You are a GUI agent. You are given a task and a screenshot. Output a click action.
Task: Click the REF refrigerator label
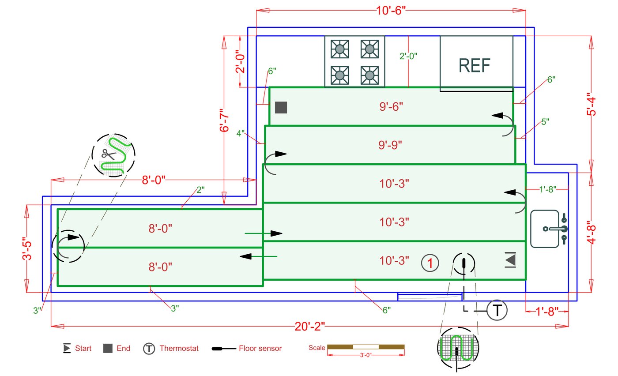(x=475, y=66)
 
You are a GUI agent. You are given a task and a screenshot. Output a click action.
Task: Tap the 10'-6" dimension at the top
(x=391, y=11)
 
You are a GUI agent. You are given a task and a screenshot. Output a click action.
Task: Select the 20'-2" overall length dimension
(x=310, y=327)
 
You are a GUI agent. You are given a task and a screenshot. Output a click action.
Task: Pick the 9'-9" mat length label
(x=391, y=145)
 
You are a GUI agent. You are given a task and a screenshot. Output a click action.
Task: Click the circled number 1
(x=430, y=263)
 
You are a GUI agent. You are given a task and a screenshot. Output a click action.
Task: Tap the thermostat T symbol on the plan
(x=497, y=310)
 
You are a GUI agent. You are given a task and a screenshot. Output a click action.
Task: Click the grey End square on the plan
(x=281, y=107)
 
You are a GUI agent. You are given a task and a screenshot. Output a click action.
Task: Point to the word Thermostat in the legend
(x=179, y=348)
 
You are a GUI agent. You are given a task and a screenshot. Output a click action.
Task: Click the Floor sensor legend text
(x=260, y=348)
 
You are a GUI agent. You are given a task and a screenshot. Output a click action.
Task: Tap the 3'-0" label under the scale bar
(x=366, y=354)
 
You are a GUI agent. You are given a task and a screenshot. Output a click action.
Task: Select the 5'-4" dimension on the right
(x=592, y=104)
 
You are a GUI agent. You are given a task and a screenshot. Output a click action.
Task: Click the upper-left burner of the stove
(x=339, y=49)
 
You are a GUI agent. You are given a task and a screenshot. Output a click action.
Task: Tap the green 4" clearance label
(x=240, y=132)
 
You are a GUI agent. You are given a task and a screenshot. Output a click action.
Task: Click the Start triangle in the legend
(x=67, y=348)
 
